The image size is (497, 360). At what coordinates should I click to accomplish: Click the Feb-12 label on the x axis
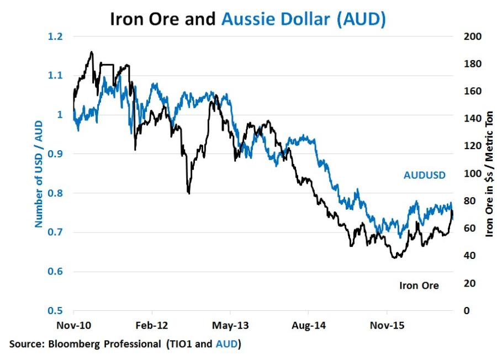pos(151,326)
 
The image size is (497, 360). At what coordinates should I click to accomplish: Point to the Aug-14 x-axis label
pos(308,326)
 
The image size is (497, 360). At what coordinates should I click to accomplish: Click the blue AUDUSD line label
pos(424,176)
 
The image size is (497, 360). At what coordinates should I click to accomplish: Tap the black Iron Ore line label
pos(419,285)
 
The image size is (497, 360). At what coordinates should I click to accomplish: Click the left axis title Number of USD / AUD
pos(39,174)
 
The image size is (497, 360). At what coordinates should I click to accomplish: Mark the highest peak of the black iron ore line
pos(91,52)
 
